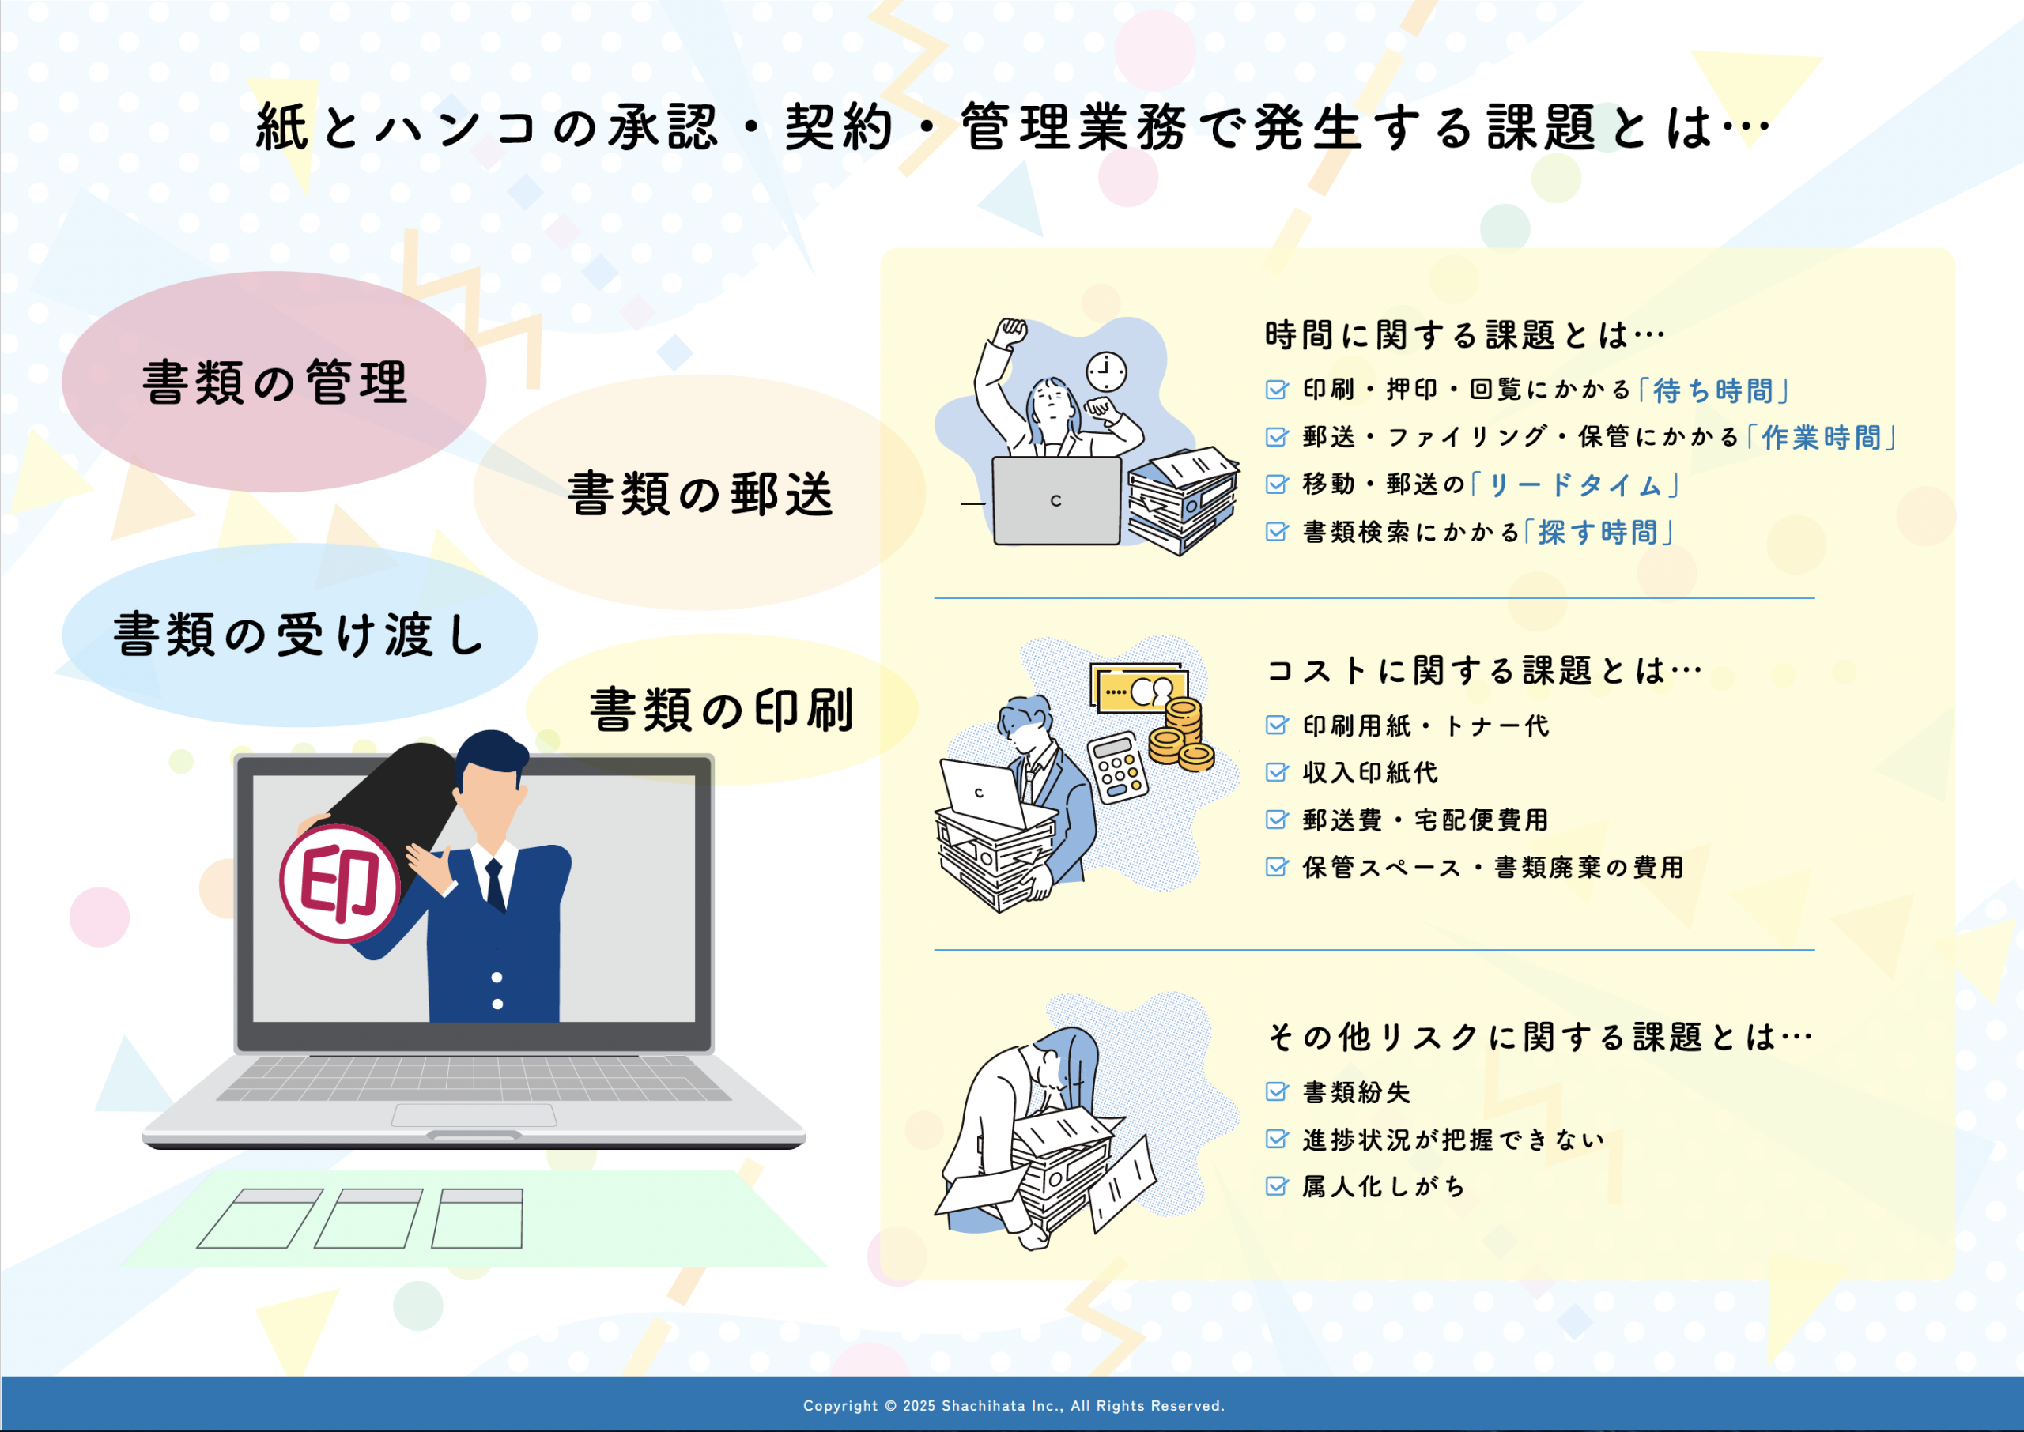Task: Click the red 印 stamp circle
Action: point(341,884)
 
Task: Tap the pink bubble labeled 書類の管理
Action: point(274,381)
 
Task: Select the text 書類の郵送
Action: point(701,493)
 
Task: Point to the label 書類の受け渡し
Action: point(299,634)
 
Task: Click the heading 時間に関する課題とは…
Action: point(1465,335)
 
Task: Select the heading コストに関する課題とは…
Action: point(1484,670)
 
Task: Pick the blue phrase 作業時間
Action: point(1822,437)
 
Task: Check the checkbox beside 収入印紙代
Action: point(1277,772)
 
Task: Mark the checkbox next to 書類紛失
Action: point(1277,1091)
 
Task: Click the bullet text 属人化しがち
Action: point(1384,1187)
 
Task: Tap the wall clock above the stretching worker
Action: point(1106,372)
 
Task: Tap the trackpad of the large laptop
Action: point(474,1115)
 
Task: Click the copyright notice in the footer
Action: point(1014,1406)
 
